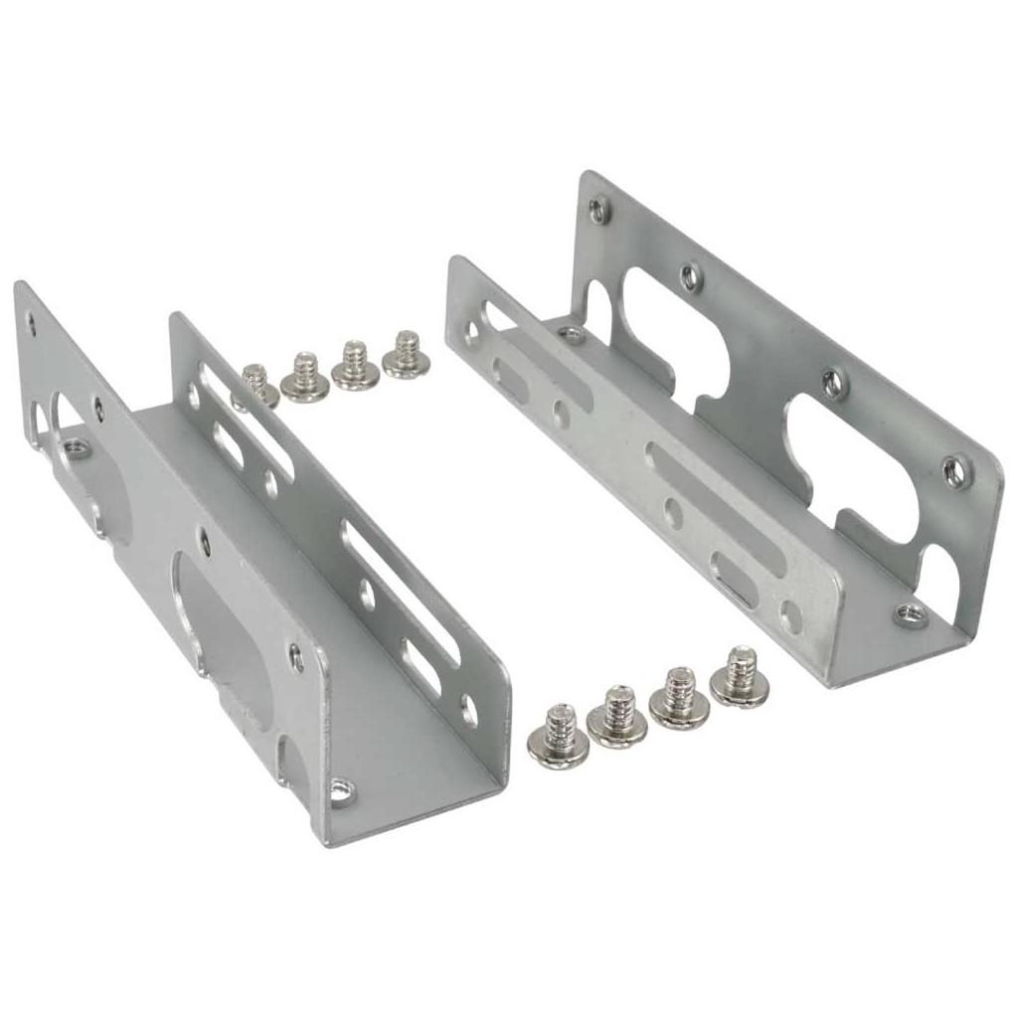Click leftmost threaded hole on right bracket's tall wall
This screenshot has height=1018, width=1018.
click(597, 210)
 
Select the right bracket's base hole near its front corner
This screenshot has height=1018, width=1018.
click(909, 613)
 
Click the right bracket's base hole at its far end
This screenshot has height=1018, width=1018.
click(571, 334)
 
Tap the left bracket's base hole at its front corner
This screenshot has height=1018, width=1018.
click(341, 791)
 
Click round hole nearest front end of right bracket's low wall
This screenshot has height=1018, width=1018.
click(790, 617)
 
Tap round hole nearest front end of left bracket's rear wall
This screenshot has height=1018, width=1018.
click(468, 710)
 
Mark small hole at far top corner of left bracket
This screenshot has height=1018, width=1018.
click(31, 321)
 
